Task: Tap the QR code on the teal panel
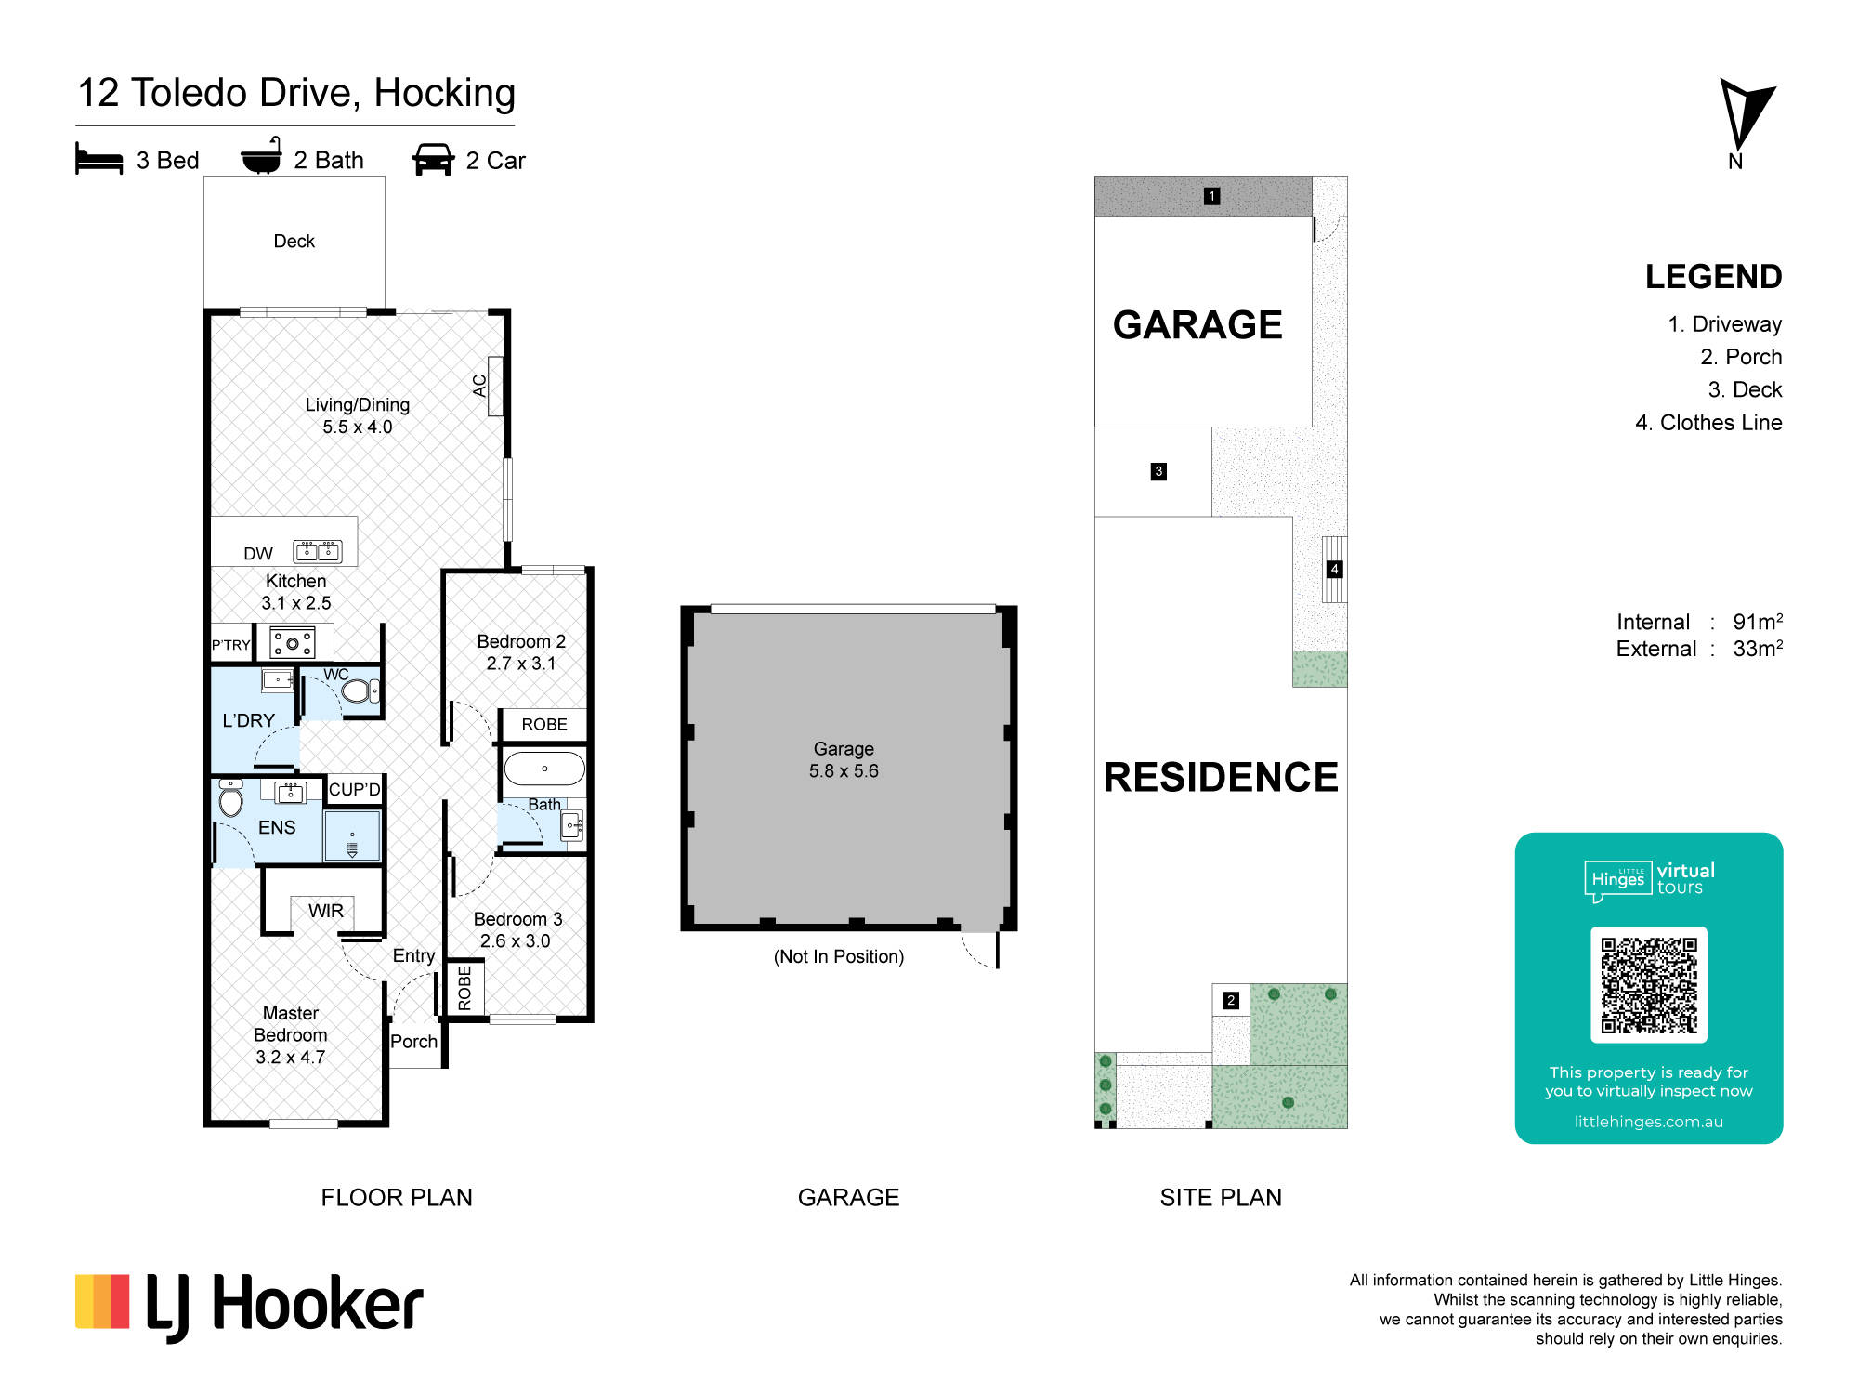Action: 1649,985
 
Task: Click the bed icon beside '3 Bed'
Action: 98,159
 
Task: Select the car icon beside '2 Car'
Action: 433,159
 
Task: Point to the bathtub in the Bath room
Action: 544,769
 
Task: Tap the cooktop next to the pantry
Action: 293,642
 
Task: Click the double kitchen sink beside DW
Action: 318,551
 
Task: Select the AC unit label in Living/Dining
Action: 479,386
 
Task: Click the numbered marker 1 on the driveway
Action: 1211,196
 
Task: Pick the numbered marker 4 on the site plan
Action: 1334,569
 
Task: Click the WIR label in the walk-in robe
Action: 326,911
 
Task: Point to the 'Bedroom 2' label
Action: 521,641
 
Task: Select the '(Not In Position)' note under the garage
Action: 839,956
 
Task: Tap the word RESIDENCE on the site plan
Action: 1221,777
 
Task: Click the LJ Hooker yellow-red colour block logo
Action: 102,1301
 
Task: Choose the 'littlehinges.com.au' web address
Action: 1649,1122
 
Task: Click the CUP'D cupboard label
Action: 355,789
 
